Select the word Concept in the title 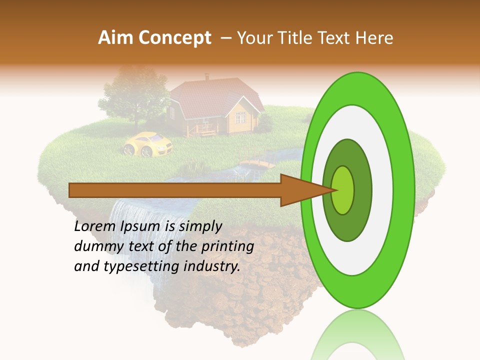coord(174,38)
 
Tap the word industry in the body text coord(212,266)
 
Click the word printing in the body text coord(227,246)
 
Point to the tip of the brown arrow coord(335,190)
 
